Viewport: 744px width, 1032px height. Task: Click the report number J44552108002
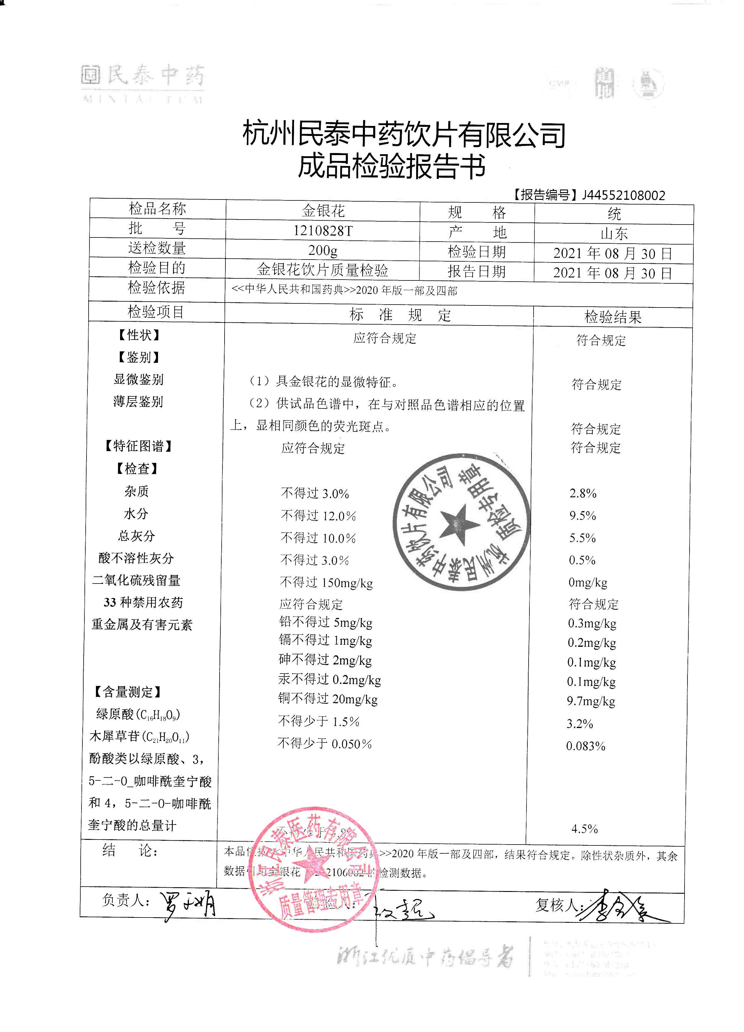pos(623,196)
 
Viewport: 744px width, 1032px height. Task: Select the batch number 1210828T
pos(323,231)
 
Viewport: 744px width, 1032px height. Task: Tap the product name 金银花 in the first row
pos(323,211)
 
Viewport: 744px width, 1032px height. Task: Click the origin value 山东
pos(614,234)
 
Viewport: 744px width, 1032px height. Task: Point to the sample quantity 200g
pos(323,250)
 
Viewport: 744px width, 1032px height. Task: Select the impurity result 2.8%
pos(583,493)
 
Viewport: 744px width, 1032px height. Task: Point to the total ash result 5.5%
pos(582,538)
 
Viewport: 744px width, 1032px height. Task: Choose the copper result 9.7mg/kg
pos(591,701)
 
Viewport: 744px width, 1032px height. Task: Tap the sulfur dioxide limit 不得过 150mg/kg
pos(327,583)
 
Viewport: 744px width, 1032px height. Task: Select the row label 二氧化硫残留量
pos(137,581)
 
